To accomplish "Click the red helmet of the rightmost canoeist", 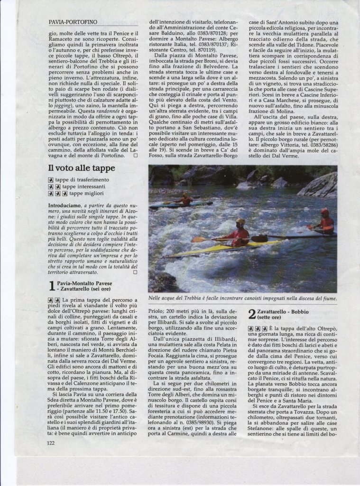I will pyautogui.click(x=324, y=212).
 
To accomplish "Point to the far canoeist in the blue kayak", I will pyautogui.click(x=185, y=199).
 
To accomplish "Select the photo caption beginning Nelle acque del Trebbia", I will pyautogui.click(x=242, y=299).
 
